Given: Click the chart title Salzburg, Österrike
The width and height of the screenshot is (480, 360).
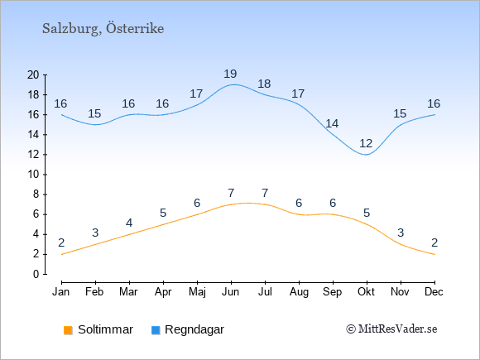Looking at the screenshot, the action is [x=103, y=29].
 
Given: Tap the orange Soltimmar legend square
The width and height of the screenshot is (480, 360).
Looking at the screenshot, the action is [x=68, y=330].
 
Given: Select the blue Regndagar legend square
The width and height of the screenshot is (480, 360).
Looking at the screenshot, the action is [x=156, y=330].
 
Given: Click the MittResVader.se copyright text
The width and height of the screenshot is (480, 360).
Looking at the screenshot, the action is [x=391, y=329].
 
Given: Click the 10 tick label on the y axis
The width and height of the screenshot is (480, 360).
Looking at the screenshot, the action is [x=33, y=175].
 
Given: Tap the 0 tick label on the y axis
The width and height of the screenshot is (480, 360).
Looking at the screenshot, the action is [x=36, y=274].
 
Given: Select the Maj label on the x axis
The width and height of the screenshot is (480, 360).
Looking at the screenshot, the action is [x=197, y=292].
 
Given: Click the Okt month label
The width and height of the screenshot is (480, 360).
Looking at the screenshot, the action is [x=366, y=292].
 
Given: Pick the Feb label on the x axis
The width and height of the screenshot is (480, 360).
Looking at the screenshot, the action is [x=94, y=292].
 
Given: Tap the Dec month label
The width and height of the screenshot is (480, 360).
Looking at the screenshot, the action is [x=434, y=292].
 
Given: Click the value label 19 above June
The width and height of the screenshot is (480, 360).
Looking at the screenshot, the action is [x=230, y=74].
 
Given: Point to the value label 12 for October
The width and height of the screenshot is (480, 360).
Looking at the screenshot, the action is [x=366, y=143].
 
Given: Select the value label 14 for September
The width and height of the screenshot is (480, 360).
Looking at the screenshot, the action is [x=332, y=123].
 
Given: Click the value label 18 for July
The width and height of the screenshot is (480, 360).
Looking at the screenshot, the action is [x=264, y=84].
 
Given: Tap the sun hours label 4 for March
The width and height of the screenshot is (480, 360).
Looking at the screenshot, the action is [x=129, y=223].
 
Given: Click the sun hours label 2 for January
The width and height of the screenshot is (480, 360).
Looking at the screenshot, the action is [x=61, y=242].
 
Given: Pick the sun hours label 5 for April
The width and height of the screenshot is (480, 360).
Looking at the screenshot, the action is [x=163, y=213].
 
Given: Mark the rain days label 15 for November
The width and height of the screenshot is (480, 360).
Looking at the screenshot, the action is [x=400, y=113].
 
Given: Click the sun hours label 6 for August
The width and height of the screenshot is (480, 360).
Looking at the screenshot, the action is [x=299, y=203].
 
